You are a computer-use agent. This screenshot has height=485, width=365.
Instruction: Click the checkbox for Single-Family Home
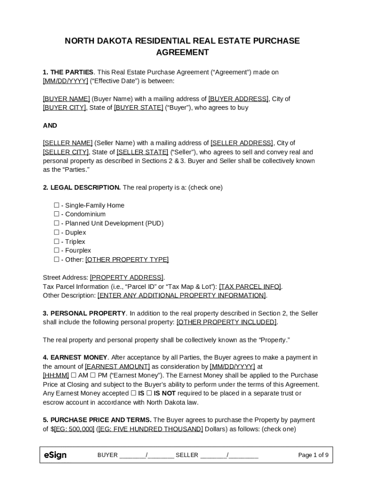click(56, 206)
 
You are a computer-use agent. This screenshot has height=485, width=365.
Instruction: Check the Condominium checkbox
click(56, 215)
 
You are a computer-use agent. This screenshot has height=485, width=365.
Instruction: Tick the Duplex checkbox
click(56, 233)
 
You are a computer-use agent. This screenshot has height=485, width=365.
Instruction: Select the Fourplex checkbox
click(56, 251)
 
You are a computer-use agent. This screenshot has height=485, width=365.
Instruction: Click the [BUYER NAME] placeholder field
click(66, 99)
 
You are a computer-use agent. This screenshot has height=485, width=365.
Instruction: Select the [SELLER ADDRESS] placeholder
click(242, 143)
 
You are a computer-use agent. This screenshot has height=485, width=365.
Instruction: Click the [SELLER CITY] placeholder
click(66, 152)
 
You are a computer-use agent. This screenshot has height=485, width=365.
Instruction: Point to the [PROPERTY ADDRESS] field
click(127, 278)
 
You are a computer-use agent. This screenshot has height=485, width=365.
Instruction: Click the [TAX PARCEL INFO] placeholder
click(250, 287)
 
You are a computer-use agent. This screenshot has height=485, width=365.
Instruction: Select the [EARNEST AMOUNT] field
click(118, 367)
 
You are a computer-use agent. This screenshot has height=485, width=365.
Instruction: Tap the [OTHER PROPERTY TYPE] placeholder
click(127, 260)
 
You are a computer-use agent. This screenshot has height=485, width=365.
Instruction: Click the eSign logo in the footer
click(55, 455)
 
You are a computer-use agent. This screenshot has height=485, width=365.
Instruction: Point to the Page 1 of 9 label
click(313, 455)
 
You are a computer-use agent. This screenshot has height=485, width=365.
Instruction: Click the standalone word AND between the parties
click(50, 126)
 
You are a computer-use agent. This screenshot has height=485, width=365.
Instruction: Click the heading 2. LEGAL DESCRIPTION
click(82, 188)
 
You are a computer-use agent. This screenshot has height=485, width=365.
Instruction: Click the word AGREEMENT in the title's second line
click(182, 53)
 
